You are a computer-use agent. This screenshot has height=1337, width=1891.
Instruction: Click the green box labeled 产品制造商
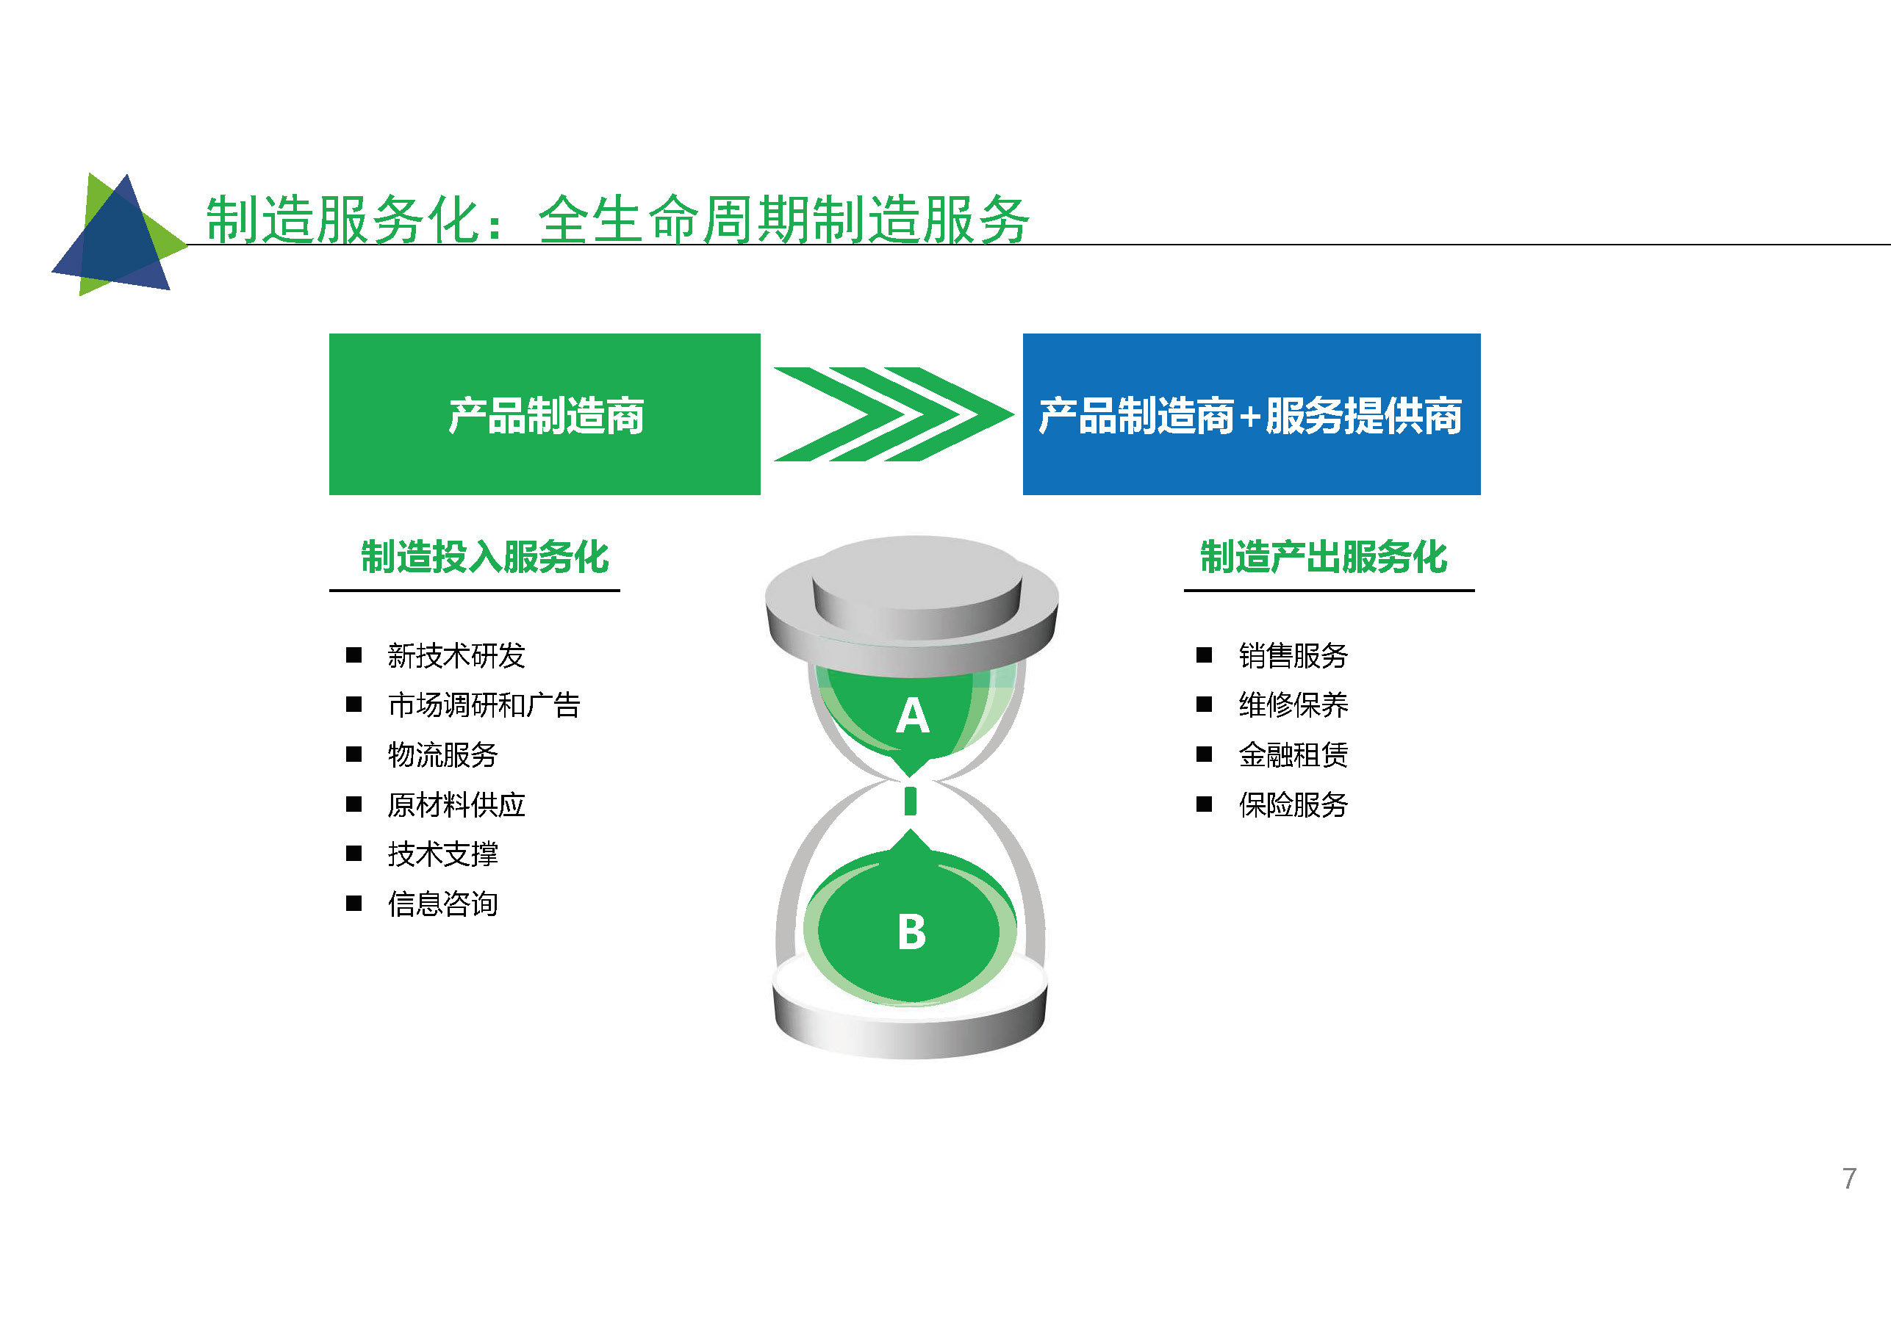(545, 414)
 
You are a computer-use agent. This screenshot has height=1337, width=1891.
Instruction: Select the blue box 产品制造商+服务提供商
(1251, 414)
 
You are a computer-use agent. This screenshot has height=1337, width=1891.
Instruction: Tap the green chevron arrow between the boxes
(894, 414)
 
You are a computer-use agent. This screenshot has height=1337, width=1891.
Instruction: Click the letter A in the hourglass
(913, 716)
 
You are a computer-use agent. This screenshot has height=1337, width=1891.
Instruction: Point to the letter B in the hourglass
(912, 932)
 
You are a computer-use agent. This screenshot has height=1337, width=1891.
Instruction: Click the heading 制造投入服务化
(484, 558)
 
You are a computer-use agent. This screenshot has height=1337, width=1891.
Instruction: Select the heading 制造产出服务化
(1324, 558)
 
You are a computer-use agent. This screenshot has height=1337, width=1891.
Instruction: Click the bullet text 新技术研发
(456, 656)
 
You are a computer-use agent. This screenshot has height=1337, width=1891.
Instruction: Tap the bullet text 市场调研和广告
(484, 705)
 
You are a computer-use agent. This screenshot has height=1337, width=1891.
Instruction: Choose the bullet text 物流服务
(442, 755)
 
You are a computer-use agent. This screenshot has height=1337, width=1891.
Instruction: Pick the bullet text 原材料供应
(456, 805)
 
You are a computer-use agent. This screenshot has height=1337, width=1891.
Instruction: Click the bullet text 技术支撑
(442, 854)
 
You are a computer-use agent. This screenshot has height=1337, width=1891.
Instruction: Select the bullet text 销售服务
(1293, 656)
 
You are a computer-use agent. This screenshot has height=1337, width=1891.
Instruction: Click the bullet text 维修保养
(1293, 705)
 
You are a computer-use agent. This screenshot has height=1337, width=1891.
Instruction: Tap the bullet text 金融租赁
(1293, 755)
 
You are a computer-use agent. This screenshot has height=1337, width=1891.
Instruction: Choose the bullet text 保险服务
(1293, 805)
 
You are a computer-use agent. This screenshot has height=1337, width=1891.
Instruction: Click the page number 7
(1849, 1179)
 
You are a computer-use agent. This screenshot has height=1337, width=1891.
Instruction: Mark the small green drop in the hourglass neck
(910, 801)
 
